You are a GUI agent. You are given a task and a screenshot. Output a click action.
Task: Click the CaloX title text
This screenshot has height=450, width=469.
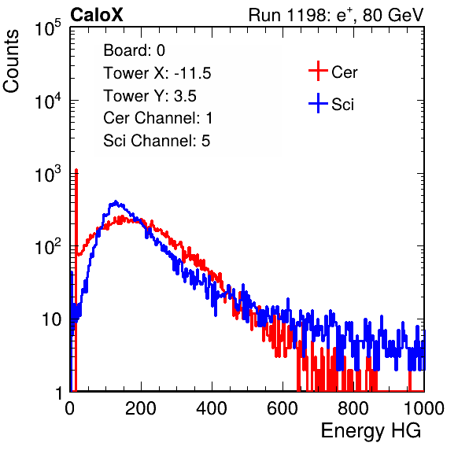pos(97,15)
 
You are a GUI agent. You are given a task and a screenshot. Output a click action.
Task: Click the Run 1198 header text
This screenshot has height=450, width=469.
pos(336,15)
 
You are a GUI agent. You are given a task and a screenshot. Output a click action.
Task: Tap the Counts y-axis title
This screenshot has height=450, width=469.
pos(11,61)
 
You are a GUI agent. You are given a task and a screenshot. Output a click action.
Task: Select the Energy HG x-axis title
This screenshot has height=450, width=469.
pos(371,431)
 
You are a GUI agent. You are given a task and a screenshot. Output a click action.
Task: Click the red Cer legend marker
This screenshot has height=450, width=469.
pos(318,71)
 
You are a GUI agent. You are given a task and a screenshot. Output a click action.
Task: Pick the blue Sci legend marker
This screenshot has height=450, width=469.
pos(318,103)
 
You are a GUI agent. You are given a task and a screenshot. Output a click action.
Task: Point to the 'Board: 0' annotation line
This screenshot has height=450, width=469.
pos(134,50)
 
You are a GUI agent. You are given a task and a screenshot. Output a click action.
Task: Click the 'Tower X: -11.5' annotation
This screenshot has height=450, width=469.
pos(157,73)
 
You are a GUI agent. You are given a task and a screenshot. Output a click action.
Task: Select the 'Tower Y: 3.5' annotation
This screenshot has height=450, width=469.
pos(150,96)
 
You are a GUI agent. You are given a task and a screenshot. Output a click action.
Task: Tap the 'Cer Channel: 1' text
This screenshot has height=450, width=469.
pos(158,118)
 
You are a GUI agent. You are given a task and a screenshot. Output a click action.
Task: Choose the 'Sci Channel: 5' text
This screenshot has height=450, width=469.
pos(157,141)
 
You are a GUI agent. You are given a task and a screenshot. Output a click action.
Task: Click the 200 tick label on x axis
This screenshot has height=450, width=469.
pos(141,408)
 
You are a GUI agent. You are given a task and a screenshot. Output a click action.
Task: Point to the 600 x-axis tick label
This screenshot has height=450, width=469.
pos(283,408)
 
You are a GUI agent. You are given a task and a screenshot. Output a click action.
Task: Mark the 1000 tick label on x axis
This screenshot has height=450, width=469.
pos(424,408)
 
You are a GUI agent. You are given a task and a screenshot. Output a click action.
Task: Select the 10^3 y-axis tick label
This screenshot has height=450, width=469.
pos(48,174)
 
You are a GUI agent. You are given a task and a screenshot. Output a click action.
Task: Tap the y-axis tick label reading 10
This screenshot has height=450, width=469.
pos(52,319)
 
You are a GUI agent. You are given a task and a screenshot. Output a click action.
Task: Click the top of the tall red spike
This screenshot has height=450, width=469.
pos(76,170)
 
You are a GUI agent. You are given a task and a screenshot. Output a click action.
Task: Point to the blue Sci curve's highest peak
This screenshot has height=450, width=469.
pos(116,201)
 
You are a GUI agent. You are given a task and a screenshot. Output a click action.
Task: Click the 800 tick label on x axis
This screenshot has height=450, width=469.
pos(353,408)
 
